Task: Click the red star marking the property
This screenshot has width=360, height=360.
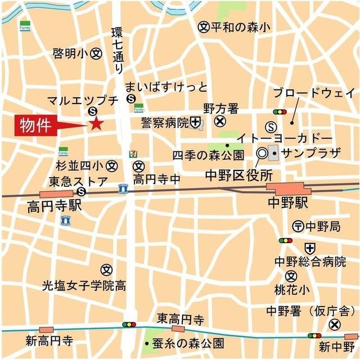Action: pyautogui.click(x=96, y=124)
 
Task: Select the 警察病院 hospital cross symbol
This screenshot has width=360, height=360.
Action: pyautogui.click(x=195, y=121)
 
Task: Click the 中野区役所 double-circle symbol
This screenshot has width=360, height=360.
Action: pyautogui.click(x=262, y=152)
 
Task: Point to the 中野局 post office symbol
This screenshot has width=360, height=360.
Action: pyautogui.click(x=299, y=226)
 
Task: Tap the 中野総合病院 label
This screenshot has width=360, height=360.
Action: pyautogui.click(x=310, y=262)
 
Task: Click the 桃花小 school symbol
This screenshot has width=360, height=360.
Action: pyautogui.click(x=290, y=276)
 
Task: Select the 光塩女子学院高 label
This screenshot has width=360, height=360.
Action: pyautogui.click(x=84, y=286)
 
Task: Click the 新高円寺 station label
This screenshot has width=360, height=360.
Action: pyautogui.click(x=49, y=341)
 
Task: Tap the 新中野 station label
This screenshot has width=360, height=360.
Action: pyautogui.click(x=336, y=345)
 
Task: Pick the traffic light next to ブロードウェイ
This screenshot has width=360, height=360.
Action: pyautogui.click(x=280, y=111)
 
